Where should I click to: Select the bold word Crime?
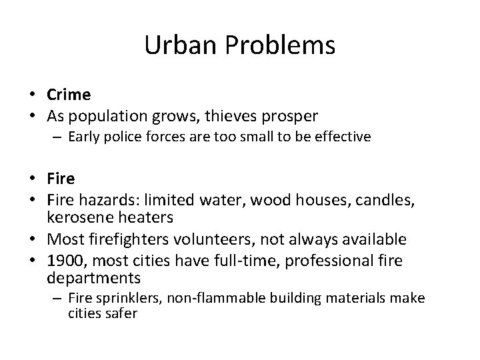(x=69, y=95)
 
